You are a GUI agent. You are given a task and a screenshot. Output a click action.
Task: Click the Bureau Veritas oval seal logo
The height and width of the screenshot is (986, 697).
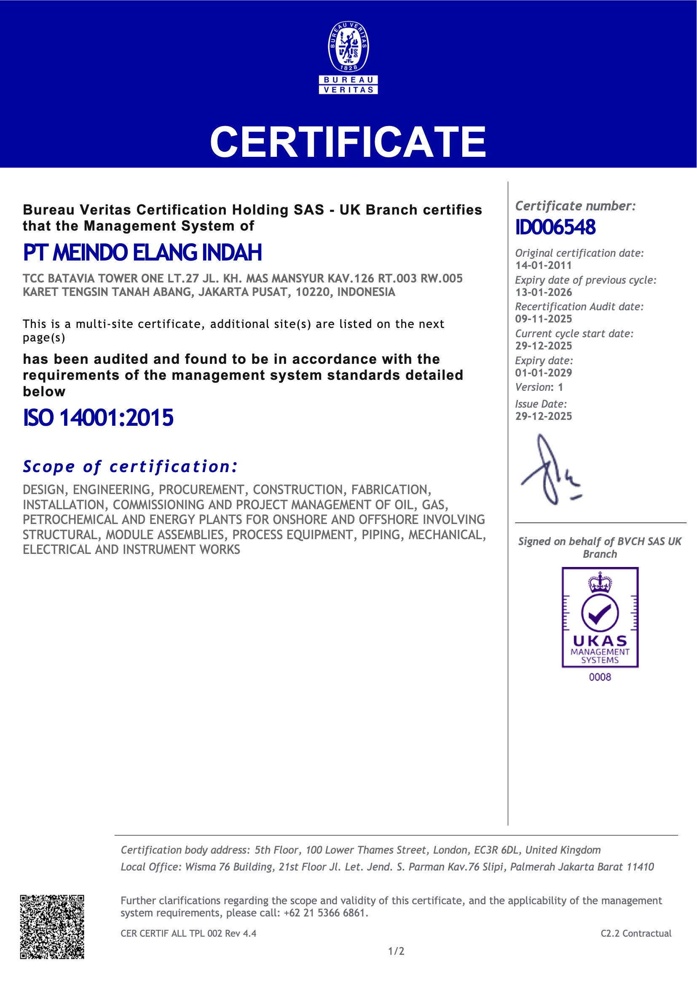click(x=348, y=47)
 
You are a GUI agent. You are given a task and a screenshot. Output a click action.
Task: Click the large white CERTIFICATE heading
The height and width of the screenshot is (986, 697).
click(x=348, y=142)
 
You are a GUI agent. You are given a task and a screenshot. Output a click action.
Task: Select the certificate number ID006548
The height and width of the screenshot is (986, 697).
click(x=555, y=227)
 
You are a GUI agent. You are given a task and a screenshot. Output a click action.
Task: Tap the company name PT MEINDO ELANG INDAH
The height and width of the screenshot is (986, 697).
click(x=142, y=253)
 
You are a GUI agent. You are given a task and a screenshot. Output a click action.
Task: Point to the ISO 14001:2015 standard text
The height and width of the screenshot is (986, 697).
click(x=98, y=417)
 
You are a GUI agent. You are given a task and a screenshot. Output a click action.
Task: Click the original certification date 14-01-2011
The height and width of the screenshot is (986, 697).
click(x=543, y=266)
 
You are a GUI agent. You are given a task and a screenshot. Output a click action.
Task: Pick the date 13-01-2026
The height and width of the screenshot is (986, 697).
click(x=543, y=293)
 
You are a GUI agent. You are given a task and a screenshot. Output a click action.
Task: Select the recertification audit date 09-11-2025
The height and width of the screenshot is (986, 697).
click(x=543, y=319)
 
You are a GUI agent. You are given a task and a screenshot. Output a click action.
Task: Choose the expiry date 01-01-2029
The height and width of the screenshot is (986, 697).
click(x=543, y=373)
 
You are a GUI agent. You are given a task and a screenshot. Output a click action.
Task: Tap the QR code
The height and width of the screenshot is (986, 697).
click(x=52, y=926)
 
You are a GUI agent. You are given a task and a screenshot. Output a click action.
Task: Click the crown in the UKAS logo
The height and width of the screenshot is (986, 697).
click(x=600, y=583)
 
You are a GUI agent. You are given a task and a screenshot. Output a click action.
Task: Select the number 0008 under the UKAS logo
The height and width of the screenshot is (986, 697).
click(x=600, y=677)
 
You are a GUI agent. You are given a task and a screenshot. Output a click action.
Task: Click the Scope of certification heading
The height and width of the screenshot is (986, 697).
click(x=130, y=466)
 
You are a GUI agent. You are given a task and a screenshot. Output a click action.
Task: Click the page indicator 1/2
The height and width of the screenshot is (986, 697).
click(x=396, y=951)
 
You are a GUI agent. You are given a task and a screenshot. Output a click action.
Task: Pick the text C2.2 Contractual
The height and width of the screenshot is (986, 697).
click(x=635, y=933)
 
